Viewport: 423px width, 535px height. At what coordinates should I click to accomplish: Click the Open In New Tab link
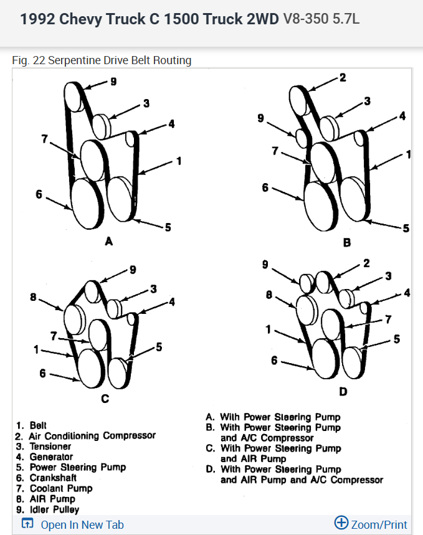81,524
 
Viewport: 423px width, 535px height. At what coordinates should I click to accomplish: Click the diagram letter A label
109,241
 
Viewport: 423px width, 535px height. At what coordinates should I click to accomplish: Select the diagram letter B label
347,242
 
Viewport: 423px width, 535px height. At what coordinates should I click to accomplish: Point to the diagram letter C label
105,398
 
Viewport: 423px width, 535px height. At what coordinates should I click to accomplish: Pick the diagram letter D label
343,392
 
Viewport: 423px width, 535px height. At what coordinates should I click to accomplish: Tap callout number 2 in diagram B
343,78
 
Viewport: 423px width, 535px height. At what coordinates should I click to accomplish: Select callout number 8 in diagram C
33,297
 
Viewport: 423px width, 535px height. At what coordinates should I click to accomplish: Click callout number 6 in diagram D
274,360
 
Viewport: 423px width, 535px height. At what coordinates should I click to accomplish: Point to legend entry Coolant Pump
61,488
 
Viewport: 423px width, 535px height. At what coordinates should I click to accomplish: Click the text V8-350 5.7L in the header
321,19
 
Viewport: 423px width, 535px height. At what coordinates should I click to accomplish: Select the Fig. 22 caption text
102,60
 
